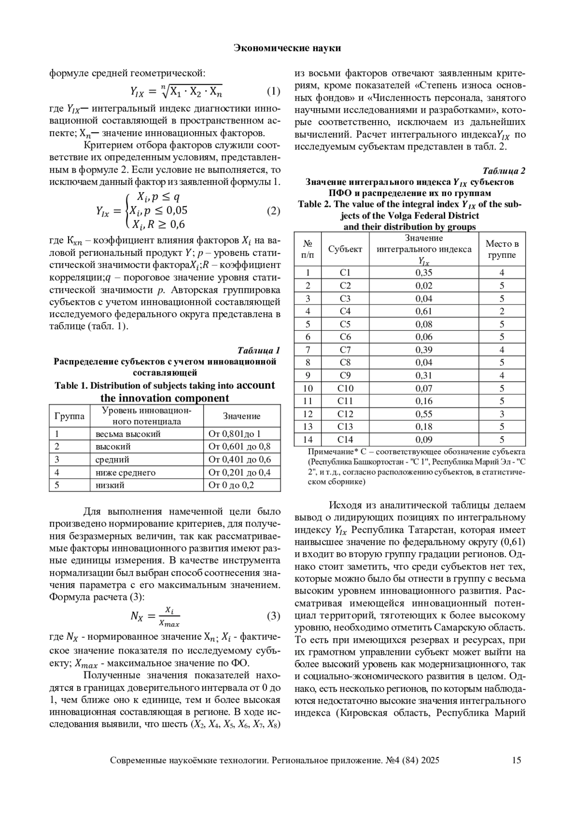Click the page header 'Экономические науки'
coord(287,48)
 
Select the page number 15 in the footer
coord(516,760)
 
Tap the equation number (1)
coord(273,91)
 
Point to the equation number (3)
coord(273,616)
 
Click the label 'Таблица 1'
coord(259,350)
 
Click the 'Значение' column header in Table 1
coord(241,416)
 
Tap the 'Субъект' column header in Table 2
coord(345,249)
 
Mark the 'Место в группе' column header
coord(502,249)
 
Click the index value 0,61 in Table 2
coord(424,311)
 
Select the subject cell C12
coord(345,414)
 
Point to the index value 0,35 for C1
coord(424,273)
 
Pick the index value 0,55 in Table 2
coord(424,414)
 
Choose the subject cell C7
coord(345,350)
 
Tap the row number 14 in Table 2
coord(308,439)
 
